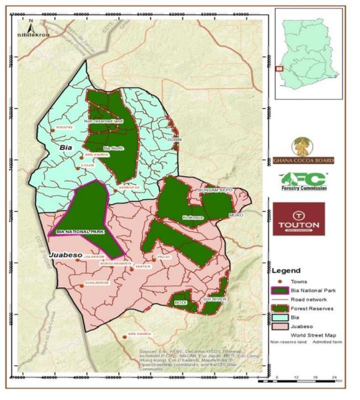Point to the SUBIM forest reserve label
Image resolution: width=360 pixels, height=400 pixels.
pos(174,140)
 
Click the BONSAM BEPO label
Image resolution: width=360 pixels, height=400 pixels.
pos(216,190)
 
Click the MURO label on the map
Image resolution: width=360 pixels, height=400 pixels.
pos(236,215)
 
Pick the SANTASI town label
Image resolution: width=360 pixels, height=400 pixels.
pos(143,266)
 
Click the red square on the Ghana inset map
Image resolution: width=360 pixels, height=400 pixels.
pos(280,69)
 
